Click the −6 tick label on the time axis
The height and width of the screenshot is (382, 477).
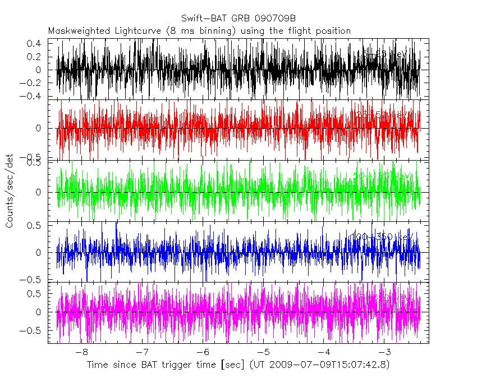click(x=203, y=352)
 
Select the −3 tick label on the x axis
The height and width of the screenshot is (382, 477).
click(x=384, y=352)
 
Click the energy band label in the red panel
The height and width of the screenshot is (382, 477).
click(x=382, y=115)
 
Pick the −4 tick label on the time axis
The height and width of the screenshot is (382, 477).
click(x=324, y=352)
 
